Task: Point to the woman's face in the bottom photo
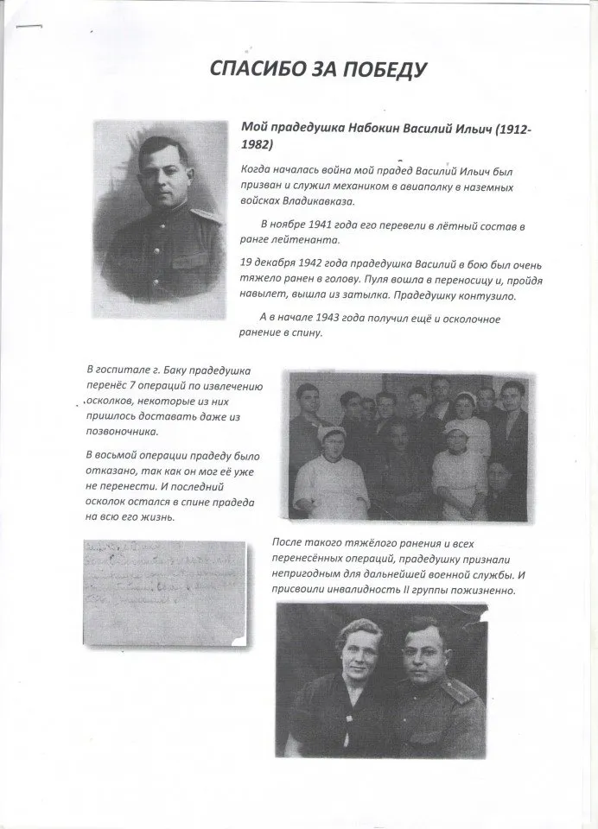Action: [337, 663]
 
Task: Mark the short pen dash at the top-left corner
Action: [29, 26]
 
